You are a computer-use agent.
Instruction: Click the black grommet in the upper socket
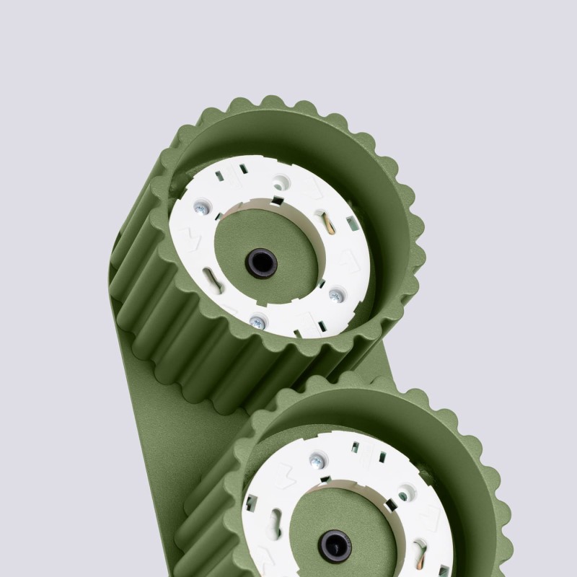coord(261,263)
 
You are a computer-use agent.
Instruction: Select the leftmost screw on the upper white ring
coord(201,209)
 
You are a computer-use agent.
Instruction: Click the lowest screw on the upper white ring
coord(254,322)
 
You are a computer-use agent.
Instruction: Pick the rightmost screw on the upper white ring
coord(335,294)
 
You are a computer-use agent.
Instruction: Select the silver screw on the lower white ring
coord(315,459)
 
